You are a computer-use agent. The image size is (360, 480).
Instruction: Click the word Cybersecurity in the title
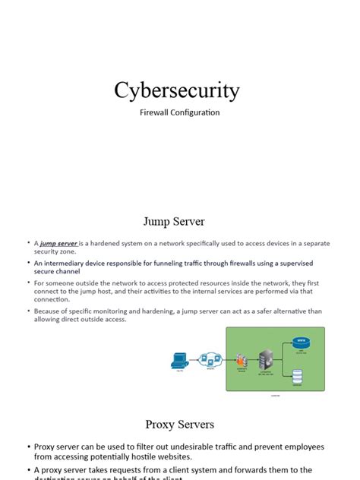177,90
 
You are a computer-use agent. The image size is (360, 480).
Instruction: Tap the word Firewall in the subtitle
156,112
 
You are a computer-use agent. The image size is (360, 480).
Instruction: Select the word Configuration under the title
197,112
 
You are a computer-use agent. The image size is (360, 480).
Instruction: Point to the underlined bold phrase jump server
58,243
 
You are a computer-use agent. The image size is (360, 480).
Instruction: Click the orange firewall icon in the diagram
242,360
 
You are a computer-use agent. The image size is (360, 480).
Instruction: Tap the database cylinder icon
298,375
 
